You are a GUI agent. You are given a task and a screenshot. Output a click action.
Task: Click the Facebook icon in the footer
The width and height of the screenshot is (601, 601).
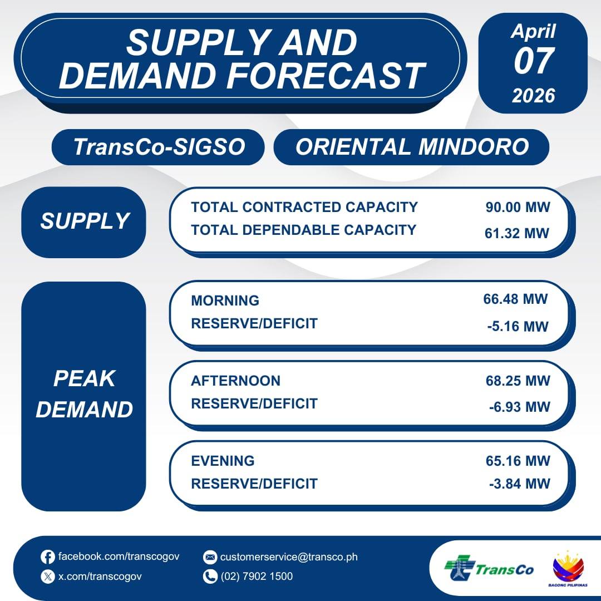47,557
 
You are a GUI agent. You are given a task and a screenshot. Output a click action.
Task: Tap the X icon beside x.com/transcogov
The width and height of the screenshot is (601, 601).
47,577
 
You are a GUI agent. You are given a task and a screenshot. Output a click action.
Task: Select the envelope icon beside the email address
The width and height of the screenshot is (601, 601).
210,557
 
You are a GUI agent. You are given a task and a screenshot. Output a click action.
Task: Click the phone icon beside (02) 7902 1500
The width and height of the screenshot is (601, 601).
210,577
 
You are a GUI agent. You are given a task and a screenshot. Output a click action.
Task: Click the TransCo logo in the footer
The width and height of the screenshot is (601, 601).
489,569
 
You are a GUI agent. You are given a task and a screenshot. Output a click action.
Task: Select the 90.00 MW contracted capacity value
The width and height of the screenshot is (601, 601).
518,208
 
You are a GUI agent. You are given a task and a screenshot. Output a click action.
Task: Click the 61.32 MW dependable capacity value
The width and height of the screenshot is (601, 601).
517,233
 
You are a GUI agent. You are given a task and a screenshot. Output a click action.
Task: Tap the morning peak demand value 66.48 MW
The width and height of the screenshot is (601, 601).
515,299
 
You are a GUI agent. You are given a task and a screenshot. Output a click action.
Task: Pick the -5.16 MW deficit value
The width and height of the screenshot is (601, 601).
518,327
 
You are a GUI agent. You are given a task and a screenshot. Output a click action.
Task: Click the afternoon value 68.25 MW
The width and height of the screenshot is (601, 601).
518,381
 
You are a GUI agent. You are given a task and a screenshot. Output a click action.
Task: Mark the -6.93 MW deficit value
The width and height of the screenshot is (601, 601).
520,407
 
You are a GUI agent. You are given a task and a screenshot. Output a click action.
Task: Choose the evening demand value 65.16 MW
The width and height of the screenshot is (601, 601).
518,461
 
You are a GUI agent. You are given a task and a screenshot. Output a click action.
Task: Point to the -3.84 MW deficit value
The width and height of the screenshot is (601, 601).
520,484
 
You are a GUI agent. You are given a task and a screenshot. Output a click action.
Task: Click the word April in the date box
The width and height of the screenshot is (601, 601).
533,32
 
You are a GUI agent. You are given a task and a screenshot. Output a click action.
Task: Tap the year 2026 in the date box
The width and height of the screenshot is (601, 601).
534,96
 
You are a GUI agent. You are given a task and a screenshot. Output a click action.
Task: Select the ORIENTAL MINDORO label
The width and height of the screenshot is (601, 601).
412,147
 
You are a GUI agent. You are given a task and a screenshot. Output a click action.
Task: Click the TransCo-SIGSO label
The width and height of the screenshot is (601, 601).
159,147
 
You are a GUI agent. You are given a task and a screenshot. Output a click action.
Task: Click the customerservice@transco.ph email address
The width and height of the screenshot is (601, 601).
289,557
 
